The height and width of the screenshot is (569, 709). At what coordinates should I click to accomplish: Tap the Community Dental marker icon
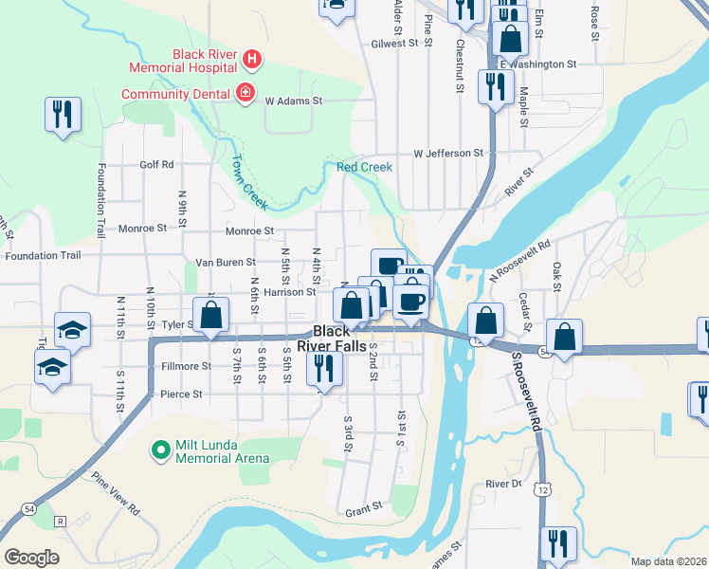[x=245, y=93]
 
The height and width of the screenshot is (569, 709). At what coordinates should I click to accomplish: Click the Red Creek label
[x=364, y=167]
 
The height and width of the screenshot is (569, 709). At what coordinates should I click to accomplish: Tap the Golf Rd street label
[x=156, y=164]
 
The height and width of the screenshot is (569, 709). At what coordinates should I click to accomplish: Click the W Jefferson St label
[x=448, y=153]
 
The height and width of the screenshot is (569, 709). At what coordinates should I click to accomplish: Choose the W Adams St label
[x=294, y=100]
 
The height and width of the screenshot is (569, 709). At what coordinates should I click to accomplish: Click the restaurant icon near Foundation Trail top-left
[x=63, y=115]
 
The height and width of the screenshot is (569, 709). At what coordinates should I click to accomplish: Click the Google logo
[x=31, y=558]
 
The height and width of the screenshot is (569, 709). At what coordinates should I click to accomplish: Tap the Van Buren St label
[x=225, y=262]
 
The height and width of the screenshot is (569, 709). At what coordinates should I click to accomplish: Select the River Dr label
[x=503, y=484]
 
